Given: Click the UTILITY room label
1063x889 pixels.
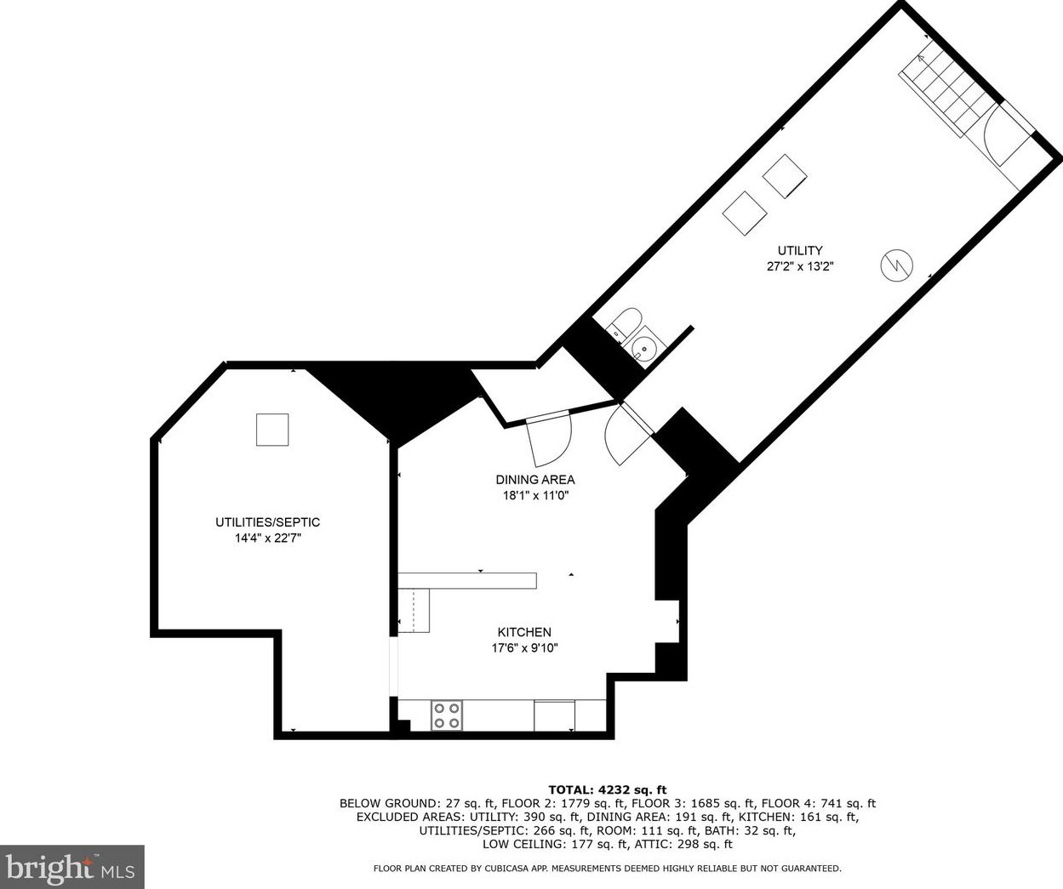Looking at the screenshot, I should (x=799, y=250).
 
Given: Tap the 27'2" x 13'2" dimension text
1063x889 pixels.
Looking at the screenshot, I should (x=799, y=266).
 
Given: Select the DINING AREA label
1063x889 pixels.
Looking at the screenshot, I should (x=534, y=480).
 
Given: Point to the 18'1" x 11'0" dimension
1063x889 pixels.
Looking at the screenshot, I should (x=534, y=496).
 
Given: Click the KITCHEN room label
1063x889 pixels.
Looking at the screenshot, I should (x=524, y=632).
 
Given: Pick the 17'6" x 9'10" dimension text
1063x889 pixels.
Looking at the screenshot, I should (x=524, y=648).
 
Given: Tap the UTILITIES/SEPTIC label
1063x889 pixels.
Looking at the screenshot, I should (x=267, y=522).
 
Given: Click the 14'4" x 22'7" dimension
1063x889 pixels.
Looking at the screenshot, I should (x=267, y=539).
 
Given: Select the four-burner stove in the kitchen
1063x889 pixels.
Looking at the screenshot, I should (x=446, y=715).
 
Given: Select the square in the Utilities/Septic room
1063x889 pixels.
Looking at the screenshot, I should (x=272, y=429).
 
